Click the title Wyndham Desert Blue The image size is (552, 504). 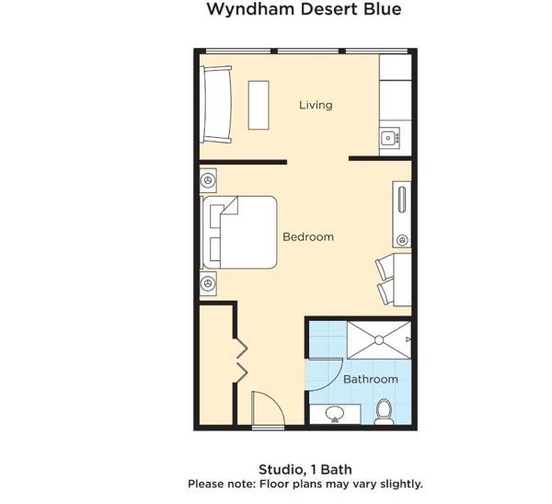[x=304, y=9]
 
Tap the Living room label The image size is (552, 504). [x=316, y=105]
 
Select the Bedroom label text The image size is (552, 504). [x=308, y=236]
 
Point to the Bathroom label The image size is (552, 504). [x=371, y=379]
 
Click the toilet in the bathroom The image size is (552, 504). [x=384, y=412]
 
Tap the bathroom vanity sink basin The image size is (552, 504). [x=335, y=413]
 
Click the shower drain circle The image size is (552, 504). [x=379, y=340]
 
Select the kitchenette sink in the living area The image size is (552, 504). [x=389, y=138]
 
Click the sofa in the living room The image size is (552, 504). [x=216, y=105]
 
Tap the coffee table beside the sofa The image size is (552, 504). [x=259, y=105]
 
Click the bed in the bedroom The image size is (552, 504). [x=239, y=233]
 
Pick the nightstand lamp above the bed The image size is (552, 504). [x=208, y=180]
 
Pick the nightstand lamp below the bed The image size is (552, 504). [x=208, y=283]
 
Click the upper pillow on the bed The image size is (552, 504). [x=215, y=216]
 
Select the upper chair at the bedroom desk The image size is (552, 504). [x=385, y=268]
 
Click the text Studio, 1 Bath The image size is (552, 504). [x=305, y=469]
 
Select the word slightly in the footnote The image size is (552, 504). [x=401, y=484]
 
